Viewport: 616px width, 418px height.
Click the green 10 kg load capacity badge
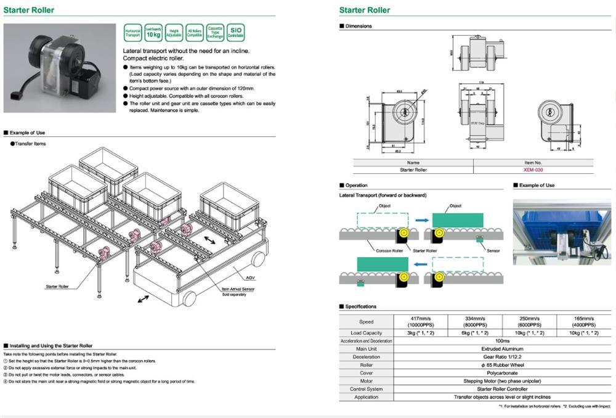154,33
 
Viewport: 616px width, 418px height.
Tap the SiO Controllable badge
235,31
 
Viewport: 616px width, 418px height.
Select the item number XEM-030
533,170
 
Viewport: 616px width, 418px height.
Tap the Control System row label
367,389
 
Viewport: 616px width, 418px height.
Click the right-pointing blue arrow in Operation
422,218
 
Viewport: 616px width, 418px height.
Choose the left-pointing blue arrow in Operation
422,264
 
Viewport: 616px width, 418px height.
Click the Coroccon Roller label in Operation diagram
389,251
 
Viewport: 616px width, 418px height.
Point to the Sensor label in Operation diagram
493,251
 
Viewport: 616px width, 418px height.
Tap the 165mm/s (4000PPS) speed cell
584,321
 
